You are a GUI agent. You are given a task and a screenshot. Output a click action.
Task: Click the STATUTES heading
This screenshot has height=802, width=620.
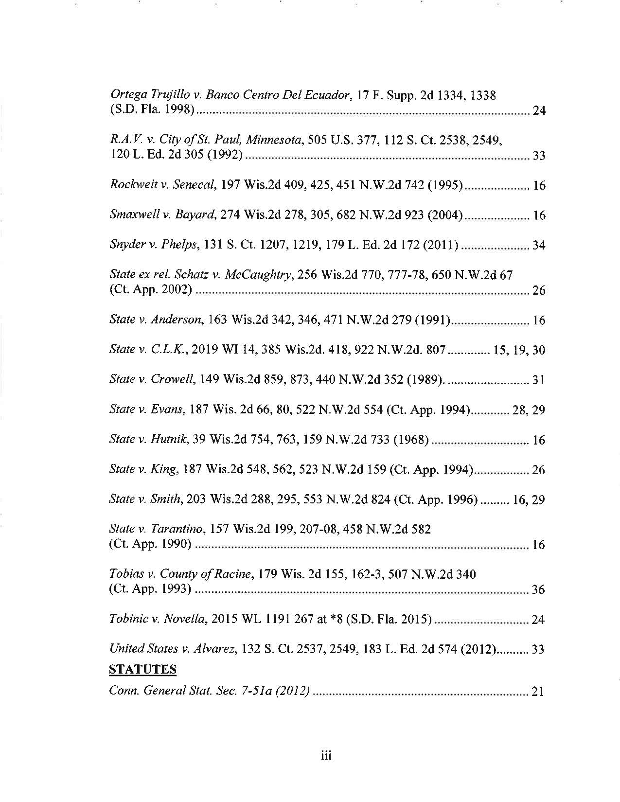[x=142, y=670]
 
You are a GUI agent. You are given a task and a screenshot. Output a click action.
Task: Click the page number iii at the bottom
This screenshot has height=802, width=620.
[x=325, y=755]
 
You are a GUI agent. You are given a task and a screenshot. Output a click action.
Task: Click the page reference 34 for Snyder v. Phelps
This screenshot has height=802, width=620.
[x=539, y=246]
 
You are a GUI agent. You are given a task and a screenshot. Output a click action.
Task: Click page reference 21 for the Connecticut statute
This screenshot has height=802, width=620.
[x=538, y=692]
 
